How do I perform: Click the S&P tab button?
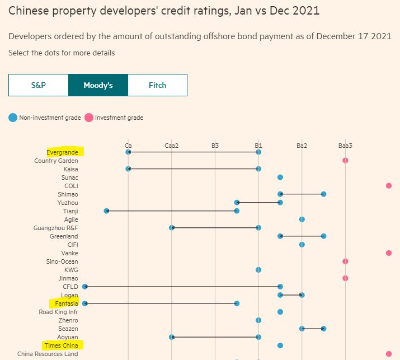pyautogui.click(x=39, y=85)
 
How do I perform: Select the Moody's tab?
pyautogui.click(x=98, y=85)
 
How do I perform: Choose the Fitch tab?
pyautogui.click(x=157, y=85)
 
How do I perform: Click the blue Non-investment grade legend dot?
pyautogui.click(x=13, y=118)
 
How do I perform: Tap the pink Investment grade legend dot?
pyautogui.click(x=88, y=118)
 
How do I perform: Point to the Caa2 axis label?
pyautogui.click(x=172, y=146)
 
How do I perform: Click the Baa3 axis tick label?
pyautogui.click(x=345, y=146)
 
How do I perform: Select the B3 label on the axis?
pyautogui.click(x=215, y=146)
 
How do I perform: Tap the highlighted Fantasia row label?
pyautogui.click(x=67, y=303)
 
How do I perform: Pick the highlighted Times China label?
pyautogui.click(x=62, y=345)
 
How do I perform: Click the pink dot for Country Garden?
pyautogui.click(x=345, y=161)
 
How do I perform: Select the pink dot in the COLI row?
pyautogui.click(x=389, y=186)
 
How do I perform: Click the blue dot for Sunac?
pyautogui.click(x=280, y=177)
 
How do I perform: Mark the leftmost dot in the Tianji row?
pyautogui.click(x=106, y=211)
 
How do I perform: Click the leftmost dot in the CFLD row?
pyautogui.click(x=85, y=287)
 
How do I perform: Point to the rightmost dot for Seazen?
pyautogui.click(x=323, y=329)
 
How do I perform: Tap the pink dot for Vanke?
pyautogui.click(x=389, y=253)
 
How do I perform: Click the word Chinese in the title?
pyautogui.click(x=27, y=11)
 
